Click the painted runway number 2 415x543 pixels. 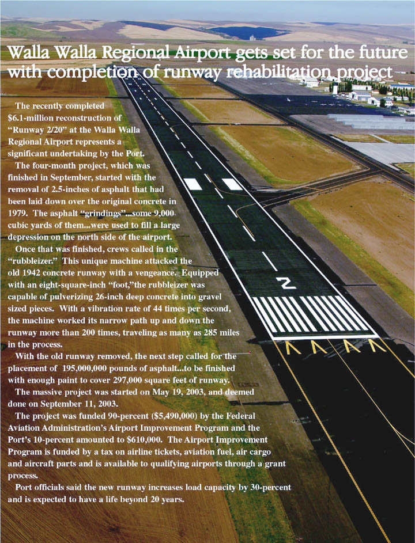pos(286,283)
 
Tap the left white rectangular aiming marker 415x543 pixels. pos(193,184)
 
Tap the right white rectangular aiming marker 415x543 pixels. pos(232,184)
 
